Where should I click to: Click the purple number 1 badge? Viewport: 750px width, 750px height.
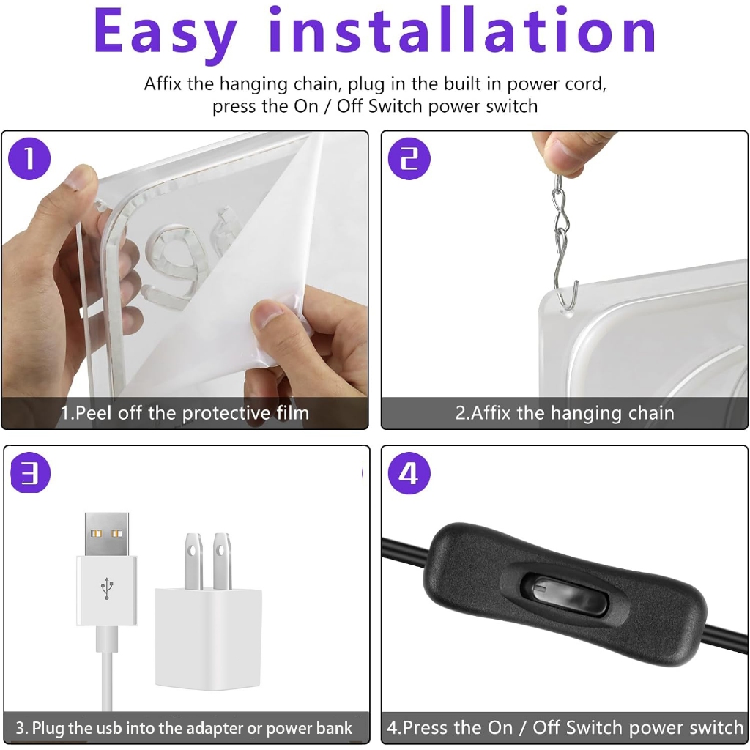point(29,159)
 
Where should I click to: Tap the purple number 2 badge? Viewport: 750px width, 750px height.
point(409,159)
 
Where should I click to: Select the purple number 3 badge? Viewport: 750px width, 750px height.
point(30,472)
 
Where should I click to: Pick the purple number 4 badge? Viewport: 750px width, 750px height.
point(409,473)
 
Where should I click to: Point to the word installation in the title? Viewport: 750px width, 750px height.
point(462,29)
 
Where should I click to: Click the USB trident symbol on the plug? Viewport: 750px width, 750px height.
point(107,588)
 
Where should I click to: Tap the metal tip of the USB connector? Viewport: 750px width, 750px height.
point(107,534)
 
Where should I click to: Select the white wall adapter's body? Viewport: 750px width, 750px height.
point(208,639)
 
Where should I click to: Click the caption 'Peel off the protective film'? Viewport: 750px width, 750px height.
point(192,413)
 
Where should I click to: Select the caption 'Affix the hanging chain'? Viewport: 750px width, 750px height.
point(573,413)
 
